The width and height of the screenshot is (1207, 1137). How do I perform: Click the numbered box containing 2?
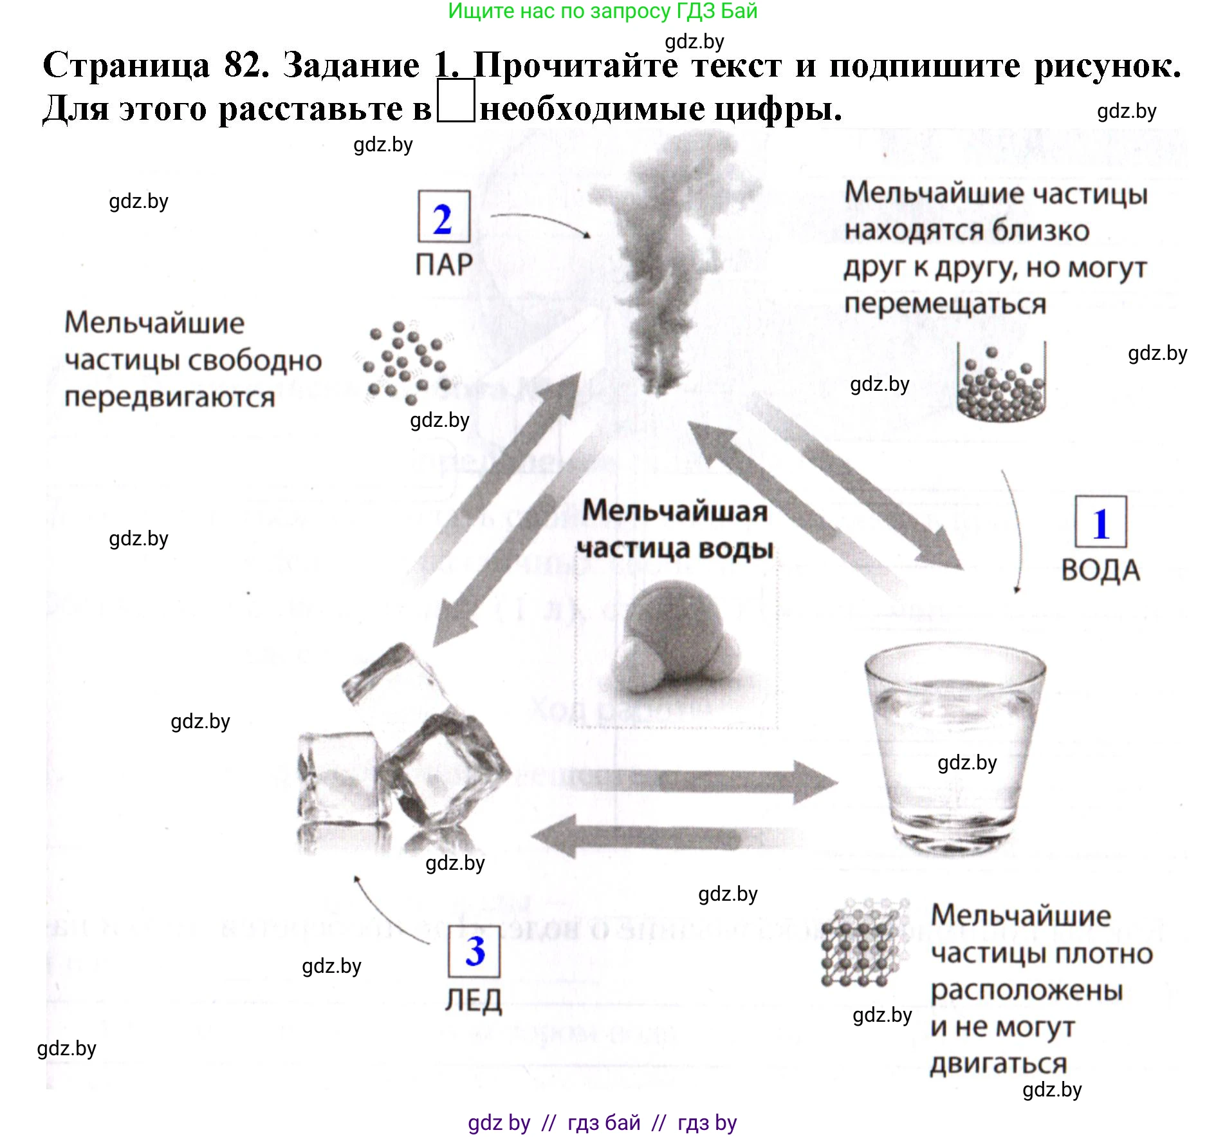pyautogui.click(x=443, y=217)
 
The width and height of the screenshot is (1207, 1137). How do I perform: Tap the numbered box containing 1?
pyautogui.click(x=1100, y=522)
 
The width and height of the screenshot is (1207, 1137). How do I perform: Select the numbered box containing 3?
pyautogui.click(x=474, y=950)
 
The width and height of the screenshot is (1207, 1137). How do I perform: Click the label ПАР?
pyautogui.click(x=444, y=265)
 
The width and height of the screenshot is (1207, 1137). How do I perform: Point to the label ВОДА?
pyautogui.click(x=1100, y=570)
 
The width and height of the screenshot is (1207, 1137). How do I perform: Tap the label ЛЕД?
pyautogui.click(x=474, y=1001)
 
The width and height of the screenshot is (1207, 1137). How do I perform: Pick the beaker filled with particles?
pyautogui.click(x=1001, y=383)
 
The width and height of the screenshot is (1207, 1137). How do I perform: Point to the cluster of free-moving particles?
pyautogui.click(x=407, y=362)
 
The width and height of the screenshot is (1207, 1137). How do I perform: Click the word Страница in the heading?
pyautogui.click(x=126, y=66)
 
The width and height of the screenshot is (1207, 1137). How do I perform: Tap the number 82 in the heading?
pyautogui.click(x=246, y=66)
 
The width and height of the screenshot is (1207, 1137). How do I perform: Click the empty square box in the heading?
pyautogui.click(x=456, y=101)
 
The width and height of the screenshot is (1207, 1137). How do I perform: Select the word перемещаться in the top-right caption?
pyautogui.click(x=944, y=304)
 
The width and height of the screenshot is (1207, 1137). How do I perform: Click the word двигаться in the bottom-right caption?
pyautogui.click(x=998, y=1064)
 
